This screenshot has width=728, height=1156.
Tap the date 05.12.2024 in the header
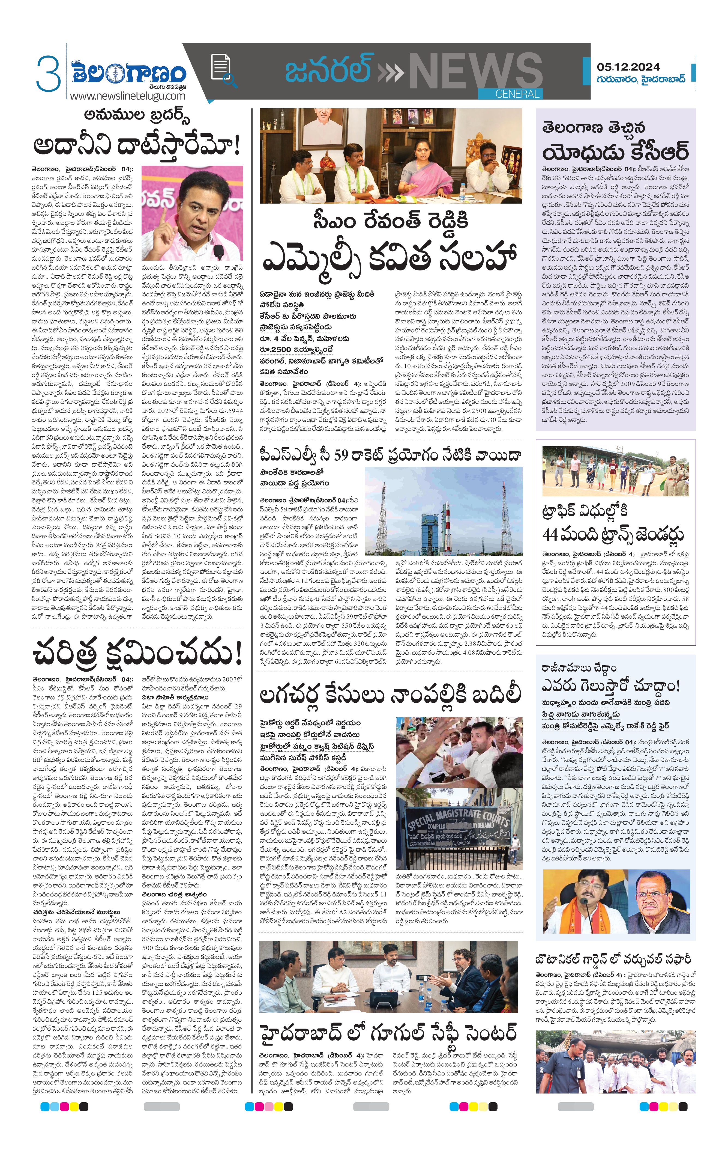point(628,67)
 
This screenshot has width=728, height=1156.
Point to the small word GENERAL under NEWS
point(517,94)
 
